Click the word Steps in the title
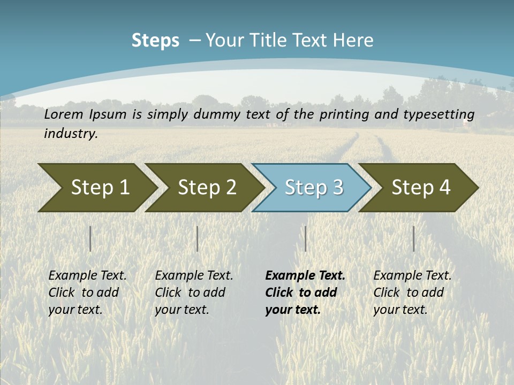point(155,41)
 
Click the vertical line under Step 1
point(90,238)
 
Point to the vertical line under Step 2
point(197,238)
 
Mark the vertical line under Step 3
point(305,238)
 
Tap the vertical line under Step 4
point(413,238)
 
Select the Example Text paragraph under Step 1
point(87,292)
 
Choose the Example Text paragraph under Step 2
point(194,292)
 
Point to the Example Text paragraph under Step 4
point(412,292)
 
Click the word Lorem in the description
point(64,114)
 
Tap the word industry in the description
point(71,133)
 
